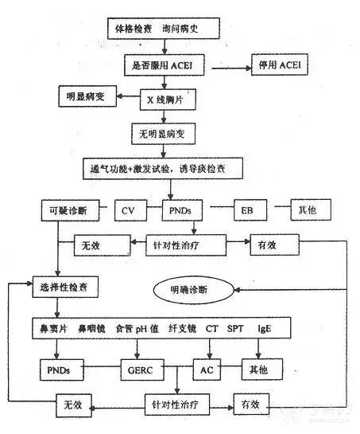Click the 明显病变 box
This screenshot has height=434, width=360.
[x=82, y=98]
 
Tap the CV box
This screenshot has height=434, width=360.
[x=130, y=212]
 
